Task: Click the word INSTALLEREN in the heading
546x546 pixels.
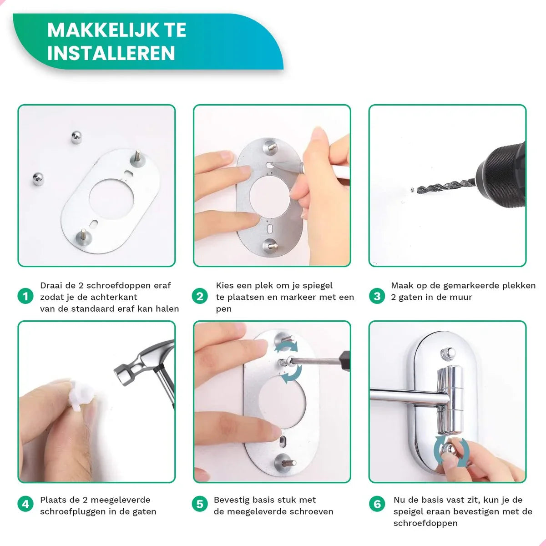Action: pyautogui.click(x=111, y=53)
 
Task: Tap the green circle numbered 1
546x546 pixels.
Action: pyautogui.click(x=25, y=297)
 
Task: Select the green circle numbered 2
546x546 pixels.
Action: pyautogui.click(x=200, y=297)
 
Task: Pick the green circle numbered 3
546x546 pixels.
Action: pyautogui.click(x=377, y=297)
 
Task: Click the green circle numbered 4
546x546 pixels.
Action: pyautogui.click(x=25, y=504)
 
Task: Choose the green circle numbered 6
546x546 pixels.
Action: pyautogui.click(x=377, y=504)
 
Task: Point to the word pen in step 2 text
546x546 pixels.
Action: pyautogui.click(x=223, y=309)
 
